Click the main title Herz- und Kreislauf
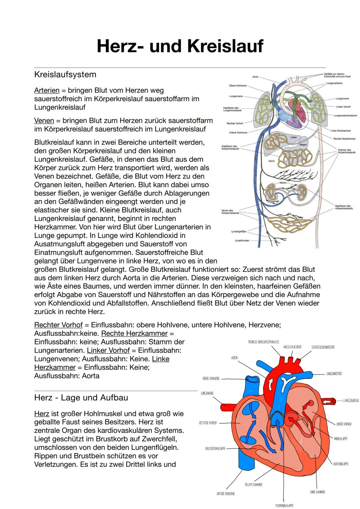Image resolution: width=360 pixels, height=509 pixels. pos(180,46)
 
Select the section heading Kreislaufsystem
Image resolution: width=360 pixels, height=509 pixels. pos(65,74)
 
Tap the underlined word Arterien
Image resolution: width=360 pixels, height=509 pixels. pos(47,90)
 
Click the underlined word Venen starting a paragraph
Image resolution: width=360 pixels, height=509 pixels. pos(44,120)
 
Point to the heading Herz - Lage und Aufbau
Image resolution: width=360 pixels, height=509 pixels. pos(81,398)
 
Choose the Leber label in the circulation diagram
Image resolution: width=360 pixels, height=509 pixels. pos(294,137)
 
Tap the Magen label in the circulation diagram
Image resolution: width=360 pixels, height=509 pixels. pos(303,145)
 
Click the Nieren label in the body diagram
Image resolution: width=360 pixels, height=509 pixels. pos(283,183)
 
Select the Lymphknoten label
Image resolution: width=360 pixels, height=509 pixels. pos(242,240)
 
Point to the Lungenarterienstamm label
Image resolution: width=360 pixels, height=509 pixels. pos(345,115)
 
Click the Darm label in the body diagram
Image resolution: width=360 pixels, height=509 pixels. pos(271,161)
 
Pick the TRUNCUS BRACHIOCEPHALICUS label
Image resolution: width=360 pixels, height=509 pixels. pos(263,342)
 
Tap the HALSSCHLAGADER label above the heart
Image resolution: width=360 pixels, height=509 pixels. pos(292,347)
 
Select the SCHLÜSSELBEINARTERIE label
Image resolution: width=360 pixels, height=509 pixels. pos(323,347)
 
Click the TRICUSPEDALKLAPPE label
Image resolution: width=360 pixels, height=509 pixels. pos(215,448)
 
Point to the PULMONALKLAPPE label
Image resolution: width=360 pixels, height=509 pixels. pos(284,505)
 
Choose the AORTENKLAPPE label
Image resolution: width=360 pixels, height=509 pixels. pos(341,464)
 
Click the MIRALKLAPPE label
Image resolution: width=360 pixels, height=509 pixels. pos(341,439)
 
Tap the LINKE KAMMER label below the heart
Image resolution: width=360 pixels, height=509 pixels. pos(317,492)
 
